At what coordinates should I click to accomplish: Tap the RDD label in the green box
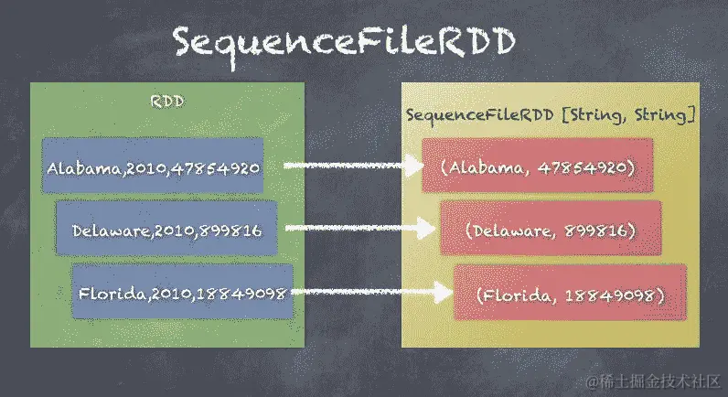pyautogui.click(x=167, y=101)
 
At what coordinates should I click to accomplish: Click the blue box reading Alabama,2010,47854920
pyautogui.click(x=153, y=167)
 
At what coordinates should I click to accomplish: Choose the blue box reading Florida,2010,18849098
pyautogui.click(x=183, y=293)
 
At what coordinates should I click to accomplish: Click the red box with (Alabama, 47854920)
pyautogui.click(x=537, y=167)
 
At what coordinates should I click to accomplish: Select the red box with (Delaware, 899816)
pyautogui.click(x=550, y=230)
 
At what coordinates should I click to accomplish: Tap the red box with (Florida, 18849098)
pyautogui.click(x=571, y=294)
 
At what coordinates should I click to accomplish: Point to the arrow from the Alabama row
pyautogui.click(x=351, y=166)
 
